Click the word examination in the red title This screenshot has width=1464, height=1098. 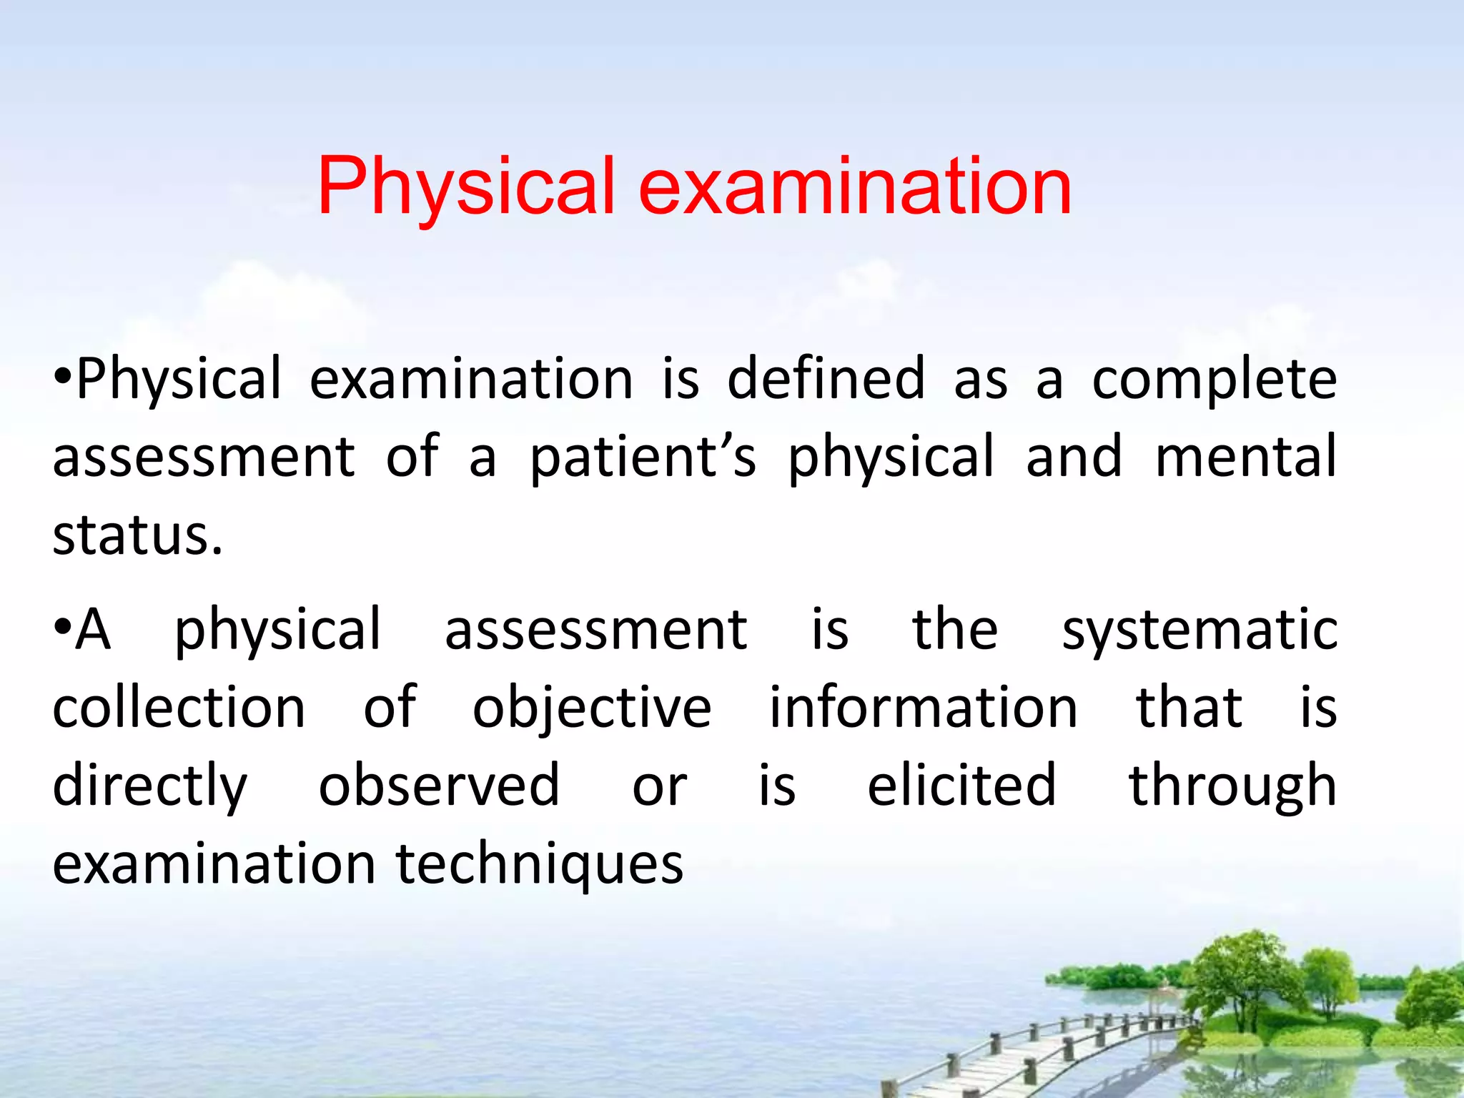coord(855,187)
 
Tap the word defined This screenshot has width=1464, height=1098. coord(826,379)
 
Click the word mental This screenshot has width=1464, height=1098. coord(1245,457)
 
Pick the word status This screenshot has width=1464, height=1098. coord(137,536)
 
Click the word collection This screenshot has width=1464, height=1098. coord(179,708)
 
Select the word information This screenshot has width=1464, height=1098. coord(923,708)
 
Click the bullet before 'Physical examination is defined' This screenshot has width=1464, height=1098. coord(62,377)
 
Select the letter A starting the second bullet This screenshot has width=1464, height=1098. coord(94,630)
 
